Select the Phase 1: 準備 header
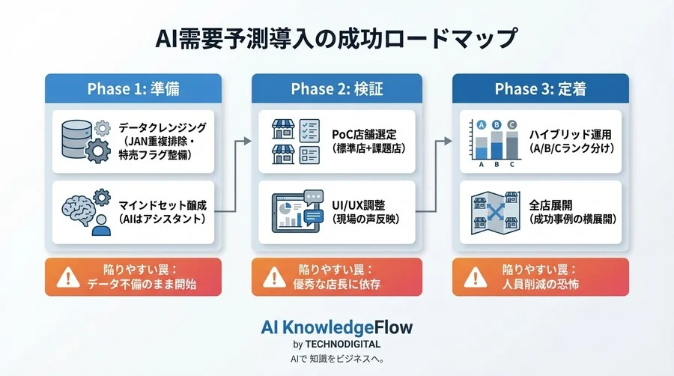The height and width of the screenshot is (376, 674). [133, 89]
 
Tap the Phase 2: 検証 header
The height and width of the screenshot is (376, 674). [337, 89]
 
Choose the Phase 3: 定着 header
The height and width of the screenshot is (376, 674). [540, 89]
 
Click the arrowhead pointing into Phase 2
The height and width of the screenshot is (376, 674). [246, 140]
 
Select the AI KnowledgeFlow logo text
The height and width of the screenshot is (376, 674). [336, 327]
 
